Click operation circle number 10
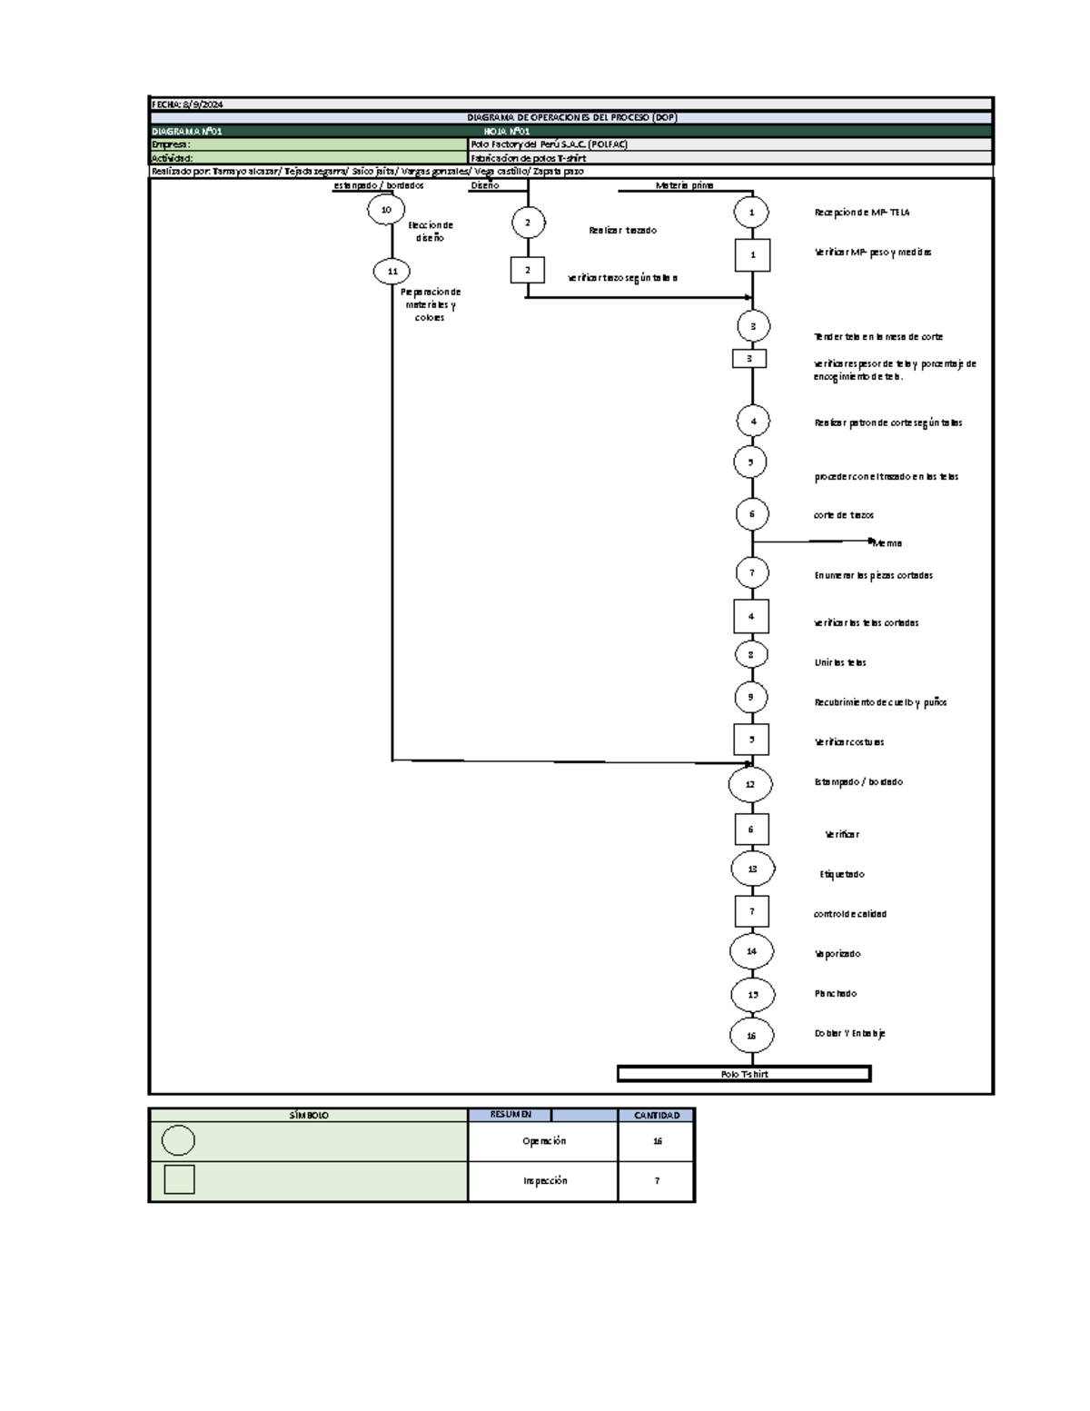click(x=386, y=210)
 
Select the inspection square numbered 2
click(x=527, y=270)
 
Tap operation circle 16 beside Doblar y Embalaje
click(x=751, y=1035)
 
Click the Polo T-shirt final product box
click(x=744, y=1074)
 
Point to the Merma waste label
click(x=887, y=543)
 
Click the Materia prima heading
click(x=684, y=185)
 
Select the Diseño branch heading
click(x=484, y=185)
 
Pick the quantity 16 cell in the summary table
click(x=657, y=1141)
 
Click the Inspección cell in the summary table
click(x=544, y=1181)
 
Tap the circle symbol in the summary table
click(x=178, y=1140)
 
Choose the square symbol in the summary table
click(x=179, y=1179)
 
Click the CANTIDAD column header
click(x=657, y=1115)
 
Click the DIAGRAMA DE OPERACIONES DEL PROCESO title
click(x=571, y=117)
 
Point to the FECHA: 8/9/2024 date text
click(x=187, y=104)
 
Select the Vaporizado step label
click(x=837, y=954)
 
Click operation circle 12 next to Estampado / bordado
click(x=750, y=784)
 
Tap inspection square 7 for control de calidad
click(x=752, y=911)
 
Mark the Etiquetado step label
click(x=842, y=874)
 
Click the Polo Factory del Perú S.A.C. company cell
click(x=550, y=144)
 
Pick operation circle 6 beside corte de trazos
click(x=752, y=513)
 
